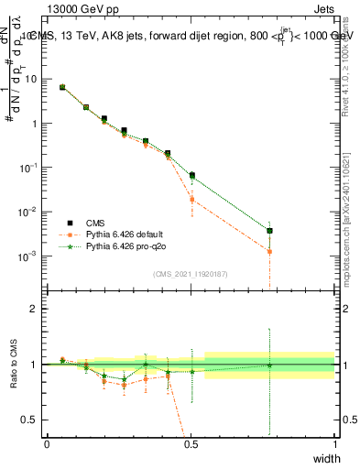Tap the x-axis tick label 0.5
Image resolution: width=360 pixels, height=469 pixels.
click(191, 444)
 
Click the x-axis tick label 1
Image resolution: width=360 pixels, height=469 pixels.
click(334, 444)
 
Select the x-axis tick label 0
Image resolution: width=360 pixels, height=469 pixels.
click(47, 444)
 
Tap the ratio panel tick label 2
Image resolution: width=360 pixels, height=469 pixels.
click(35, 309)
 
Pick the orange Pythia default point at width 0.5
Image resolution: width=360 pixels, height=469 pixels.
click(191, 199)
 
